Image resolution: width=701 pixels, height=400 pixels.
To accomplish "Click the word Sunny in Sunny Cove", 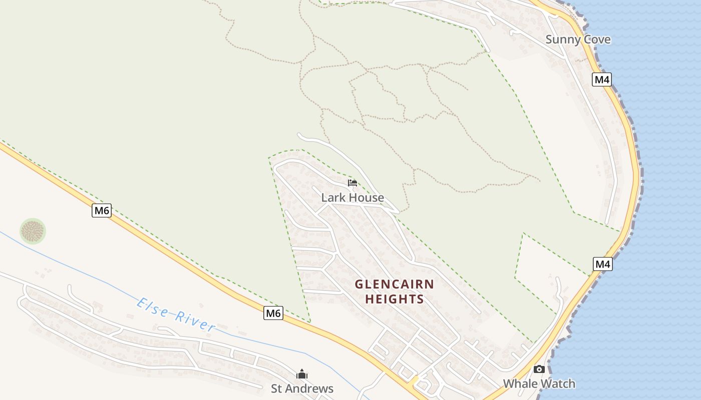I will pyautogui.click(x=562, y=39).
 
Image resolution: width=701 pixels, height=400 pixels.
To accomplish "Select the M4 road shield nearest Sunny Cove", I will pyautogui.click(x=602, y=79).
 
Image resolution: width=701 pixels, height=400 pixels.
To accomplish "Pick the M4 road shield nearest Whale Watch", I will pyautogui.click(x=603, y=264).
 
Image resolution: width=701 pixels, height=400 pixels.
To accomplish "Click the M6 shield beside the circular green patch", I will pyautogui.click(x=102, y=210).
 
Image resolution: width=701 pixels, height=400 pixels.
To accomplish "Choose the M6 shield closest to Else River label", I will pyautogui.click(x=273, y=313).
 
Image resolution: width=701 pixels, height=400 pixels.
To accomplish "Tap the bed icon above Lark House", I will pyautogui.click(x=353, y=183).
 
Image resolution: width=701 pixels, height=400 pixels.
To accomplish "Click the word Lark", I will pyautogui.click(x=332, y=197).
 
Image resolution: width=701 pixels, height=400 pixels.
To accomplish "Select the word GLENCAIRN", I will pyautogui.click(x=395, y=284).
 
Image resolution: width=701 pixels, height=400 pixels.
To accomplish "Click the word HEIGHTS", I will pyautogui.click(x=395, y=299).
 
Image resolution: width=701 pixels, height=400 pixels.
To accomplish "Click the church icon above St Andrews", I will pyautogui.click(x=302, y=374).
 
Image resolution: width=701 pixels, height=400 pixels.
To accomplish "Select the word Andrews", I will pyautogui.click(x=310, y=388).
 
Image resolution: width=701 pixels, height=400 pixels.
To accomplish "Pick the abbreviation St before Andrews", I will pyautogui.click(x=276, y=388).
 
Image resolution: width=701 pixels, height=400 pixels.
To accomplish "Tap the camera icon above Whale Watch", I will pyautogui.click(x=539, y=369).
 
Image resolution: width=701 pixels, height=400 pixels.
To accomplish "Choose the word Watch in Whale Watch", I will pyautogui.click(x=558, y=384).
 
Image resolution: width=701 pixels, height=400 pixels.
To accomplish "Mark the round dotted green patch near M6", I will pyautogui.click(x=33, y=231).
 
